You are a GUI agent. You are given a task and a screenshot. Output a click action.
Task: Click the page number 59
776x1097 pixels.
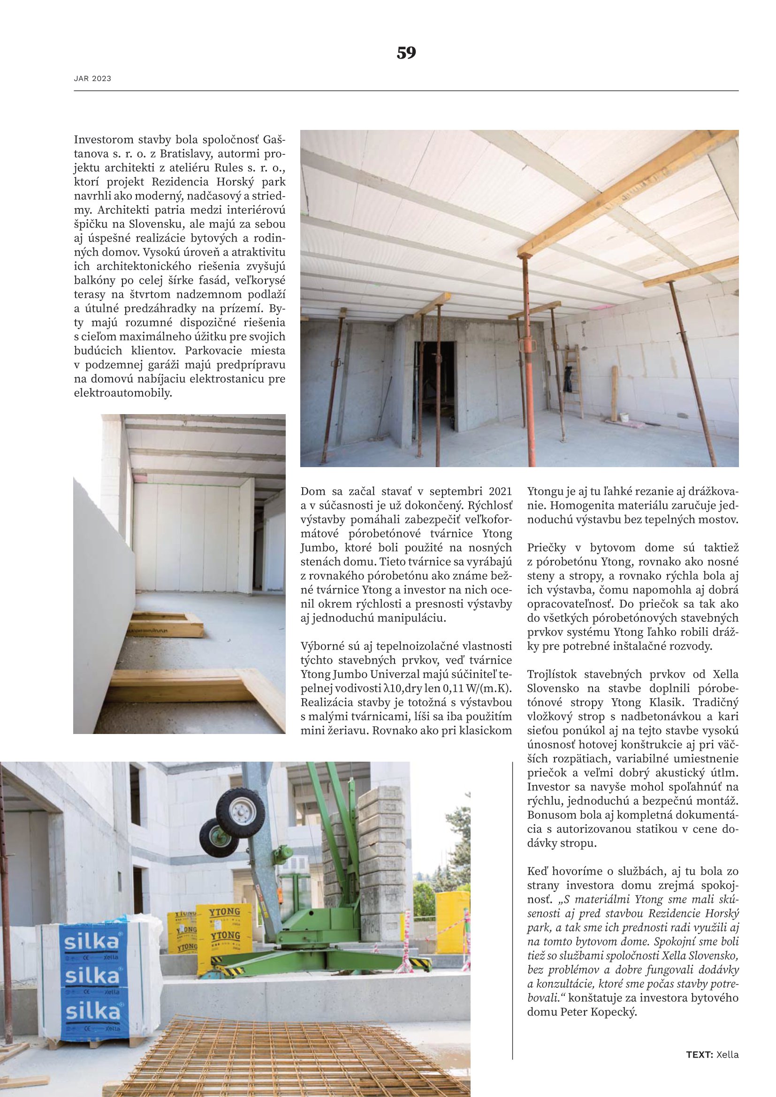(x=406, y=53)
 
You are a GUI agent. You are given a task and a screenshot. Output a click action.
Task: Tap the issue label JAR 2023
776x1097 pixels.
(x=92, y=78)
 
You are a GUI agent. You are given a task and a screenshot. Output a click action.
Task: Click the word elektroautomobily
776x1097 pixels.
(x=122, y=393)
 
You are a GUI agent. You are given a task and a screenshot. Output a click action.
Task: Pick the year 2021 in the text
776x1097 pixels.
(x=499, y=492)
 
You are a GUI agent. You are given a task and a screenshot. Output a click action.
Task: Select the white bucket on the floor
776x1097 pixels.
(x=624, y=417)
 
